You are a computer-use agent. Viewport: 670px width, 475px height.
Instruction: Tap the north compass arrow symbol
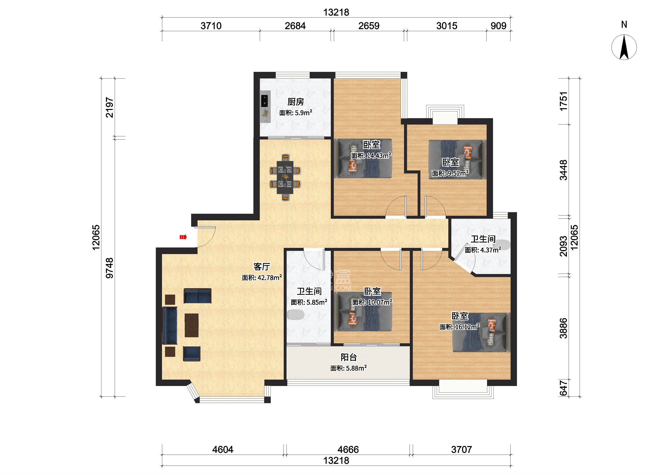(624, 47)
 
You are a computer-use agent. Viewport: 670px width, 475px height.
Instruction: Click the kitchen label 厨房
(295, 102)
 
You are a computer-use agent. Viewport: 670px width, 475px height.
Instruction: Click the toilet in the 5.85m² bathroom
(296, 315)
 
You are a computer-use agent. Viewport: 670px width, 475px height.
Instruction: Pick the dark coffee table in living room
(192, 325)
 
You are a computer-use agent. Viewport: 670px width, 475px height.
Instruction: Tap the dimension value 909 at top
(498, 26)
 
